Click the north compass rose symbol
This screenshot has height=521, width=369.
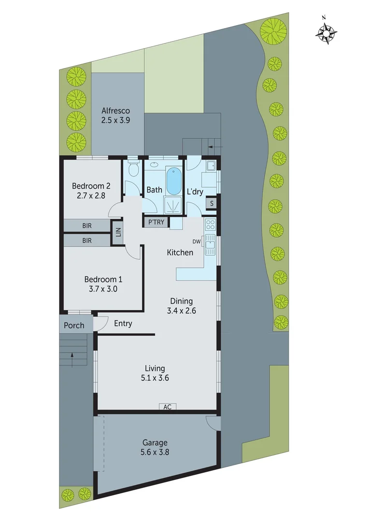(x=326, y=32)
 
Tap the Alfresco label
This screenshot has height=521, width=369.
(x=115, y=111)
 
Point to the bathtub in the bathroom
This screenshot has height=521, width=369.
(x=174, y=180)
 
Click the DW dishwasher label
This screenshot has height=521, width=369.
(x=196, y=241)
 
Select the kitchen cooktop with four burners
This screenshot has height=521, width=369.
(x=210, y=224)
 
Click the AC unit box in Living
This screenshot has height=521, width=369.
(x=167, y=407)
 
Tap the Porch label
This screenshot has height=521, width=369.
(x=74, y=325)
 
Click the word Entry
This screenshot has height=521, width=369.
(x=123, y=324)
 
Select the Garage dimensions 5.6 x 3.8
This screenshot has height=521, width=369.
(x=155, y=452)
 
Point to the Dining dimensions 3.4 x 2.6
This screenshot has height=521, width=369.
(x=181, y=311)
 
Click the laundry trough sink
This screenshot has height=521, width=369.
(x=210, y=166)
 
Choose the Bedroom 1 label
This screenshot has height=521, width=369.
(x=103, y=279)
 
